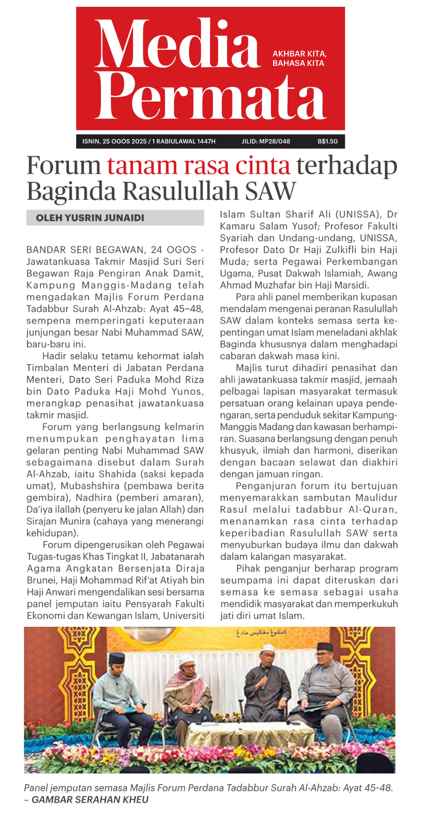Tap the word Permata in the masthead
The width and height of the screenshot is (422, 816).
point(211,97)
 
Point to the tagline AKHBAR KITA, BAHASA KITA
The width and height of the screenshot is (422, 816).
point(299,58)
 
